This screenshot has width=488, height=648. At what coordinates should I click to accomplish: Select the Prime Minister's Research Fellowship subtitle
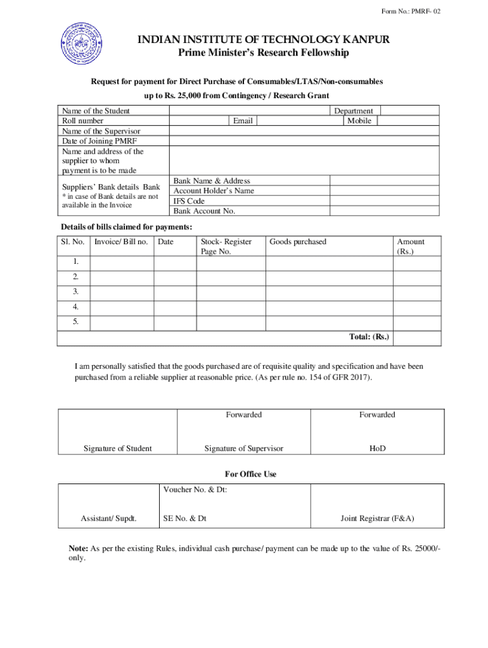[262, 53]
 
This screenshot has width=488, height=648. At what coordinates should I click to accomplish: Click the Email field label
[243, 121]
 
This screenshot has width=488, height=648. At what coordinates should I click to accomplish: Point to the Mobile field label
[359, 121]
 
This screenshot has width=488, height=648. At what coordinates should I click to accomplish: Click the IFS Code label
[189, 201]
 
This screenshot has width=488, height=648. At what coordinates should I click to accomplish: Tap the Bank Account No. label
[204, 211]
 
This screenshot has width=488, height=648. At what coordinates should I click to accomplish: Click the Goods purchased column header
[298, 242]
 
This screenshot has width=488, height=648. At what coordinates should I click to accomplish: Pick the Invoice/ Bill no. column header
[121, 242]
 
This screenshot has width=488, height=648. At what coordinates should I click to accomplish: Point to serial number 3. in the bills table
[75, 292]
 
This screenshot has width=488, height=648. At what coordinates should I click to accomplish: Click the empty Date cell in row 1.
[174, 262]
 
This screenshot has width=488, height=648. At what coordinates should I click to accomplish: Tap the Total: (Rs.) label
[369, 337]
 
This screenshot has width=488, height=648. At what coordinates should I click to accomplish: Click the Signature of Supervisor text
[243, 449]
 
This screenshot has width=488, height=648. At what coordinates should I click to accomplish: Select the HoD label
[377, 449]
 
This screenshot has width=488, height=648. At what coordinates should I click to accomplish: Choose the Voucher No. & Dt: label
[195, 490]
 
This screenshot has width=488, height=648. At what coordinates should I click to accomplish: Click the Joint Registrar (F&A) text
[377, 519]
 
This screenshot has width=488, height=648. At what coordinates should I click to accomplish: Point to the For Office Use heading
[251, 474]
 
